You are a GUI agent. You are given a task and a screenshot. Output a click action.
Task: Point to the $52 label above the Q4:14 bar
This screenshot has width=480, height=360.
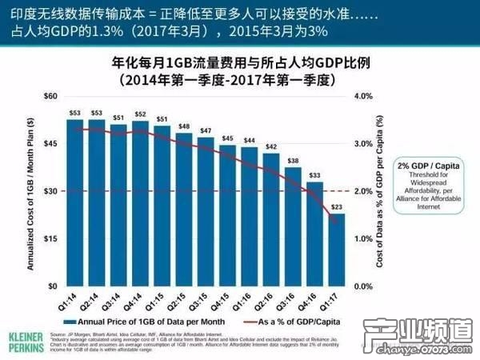click(140, 115)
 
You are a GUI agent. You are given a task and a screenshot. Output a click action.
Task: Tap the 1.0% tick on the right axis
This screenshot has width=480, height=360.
click(364, 239)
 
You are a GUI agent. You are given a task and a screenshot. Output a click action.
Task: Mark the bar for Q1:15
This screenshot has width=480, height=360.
click(162, 205)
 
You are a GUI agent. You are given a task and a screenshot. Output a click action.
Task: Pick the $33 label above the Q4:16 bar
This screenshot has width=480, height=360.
click(315, 175)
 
